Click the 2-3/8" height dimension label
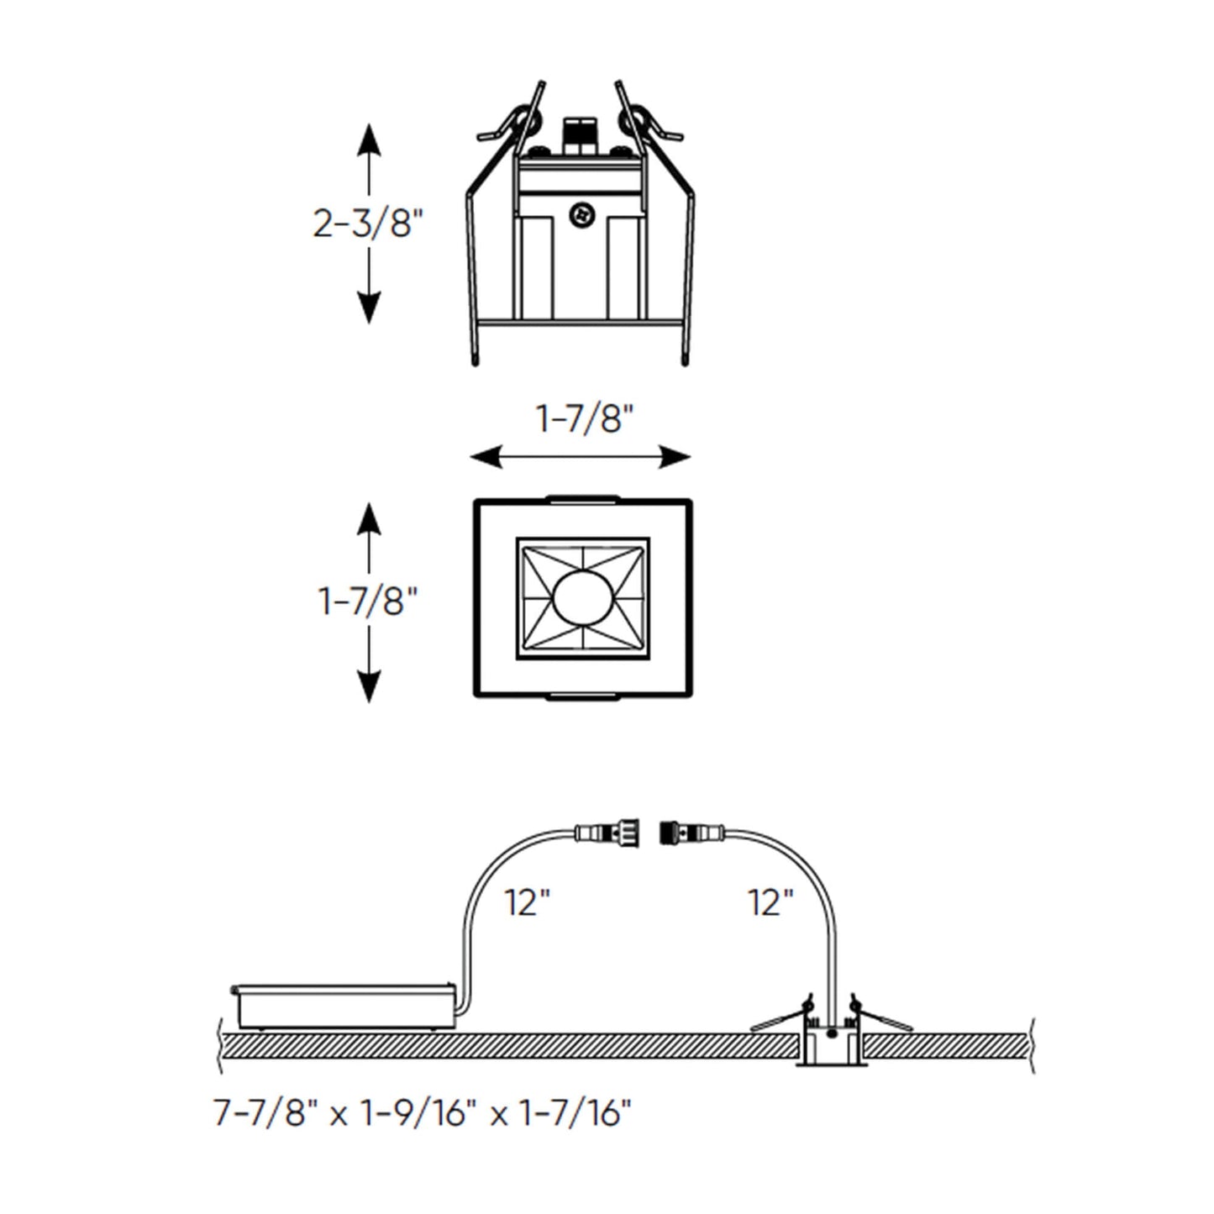pos(368,224)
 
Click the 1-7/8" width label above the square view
pos(584,418)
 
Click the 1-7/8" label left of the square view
pos(368,602)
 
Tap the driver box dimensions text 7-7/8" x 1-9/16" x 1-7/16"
pos(423,1114)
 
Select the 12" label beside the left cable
pos(527,903)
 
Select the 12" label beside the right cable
pos(770,903)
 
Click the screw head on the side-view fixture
pos(581,216)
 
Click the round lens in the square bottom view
pos(582,598)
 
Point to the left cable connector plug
pos(606,833)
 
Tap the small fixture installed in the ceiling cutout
pos(831,1042)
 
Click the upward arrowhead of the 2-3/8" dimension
pos(368,139)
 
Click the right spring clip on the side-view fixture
pos(649,123)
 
